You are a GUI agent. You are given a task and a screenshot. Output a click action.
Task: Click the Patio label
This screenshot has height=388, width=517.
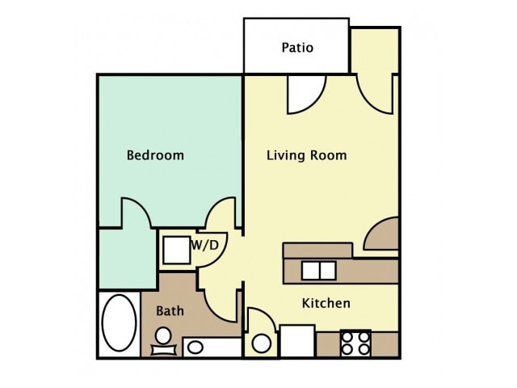[x=297, y=48]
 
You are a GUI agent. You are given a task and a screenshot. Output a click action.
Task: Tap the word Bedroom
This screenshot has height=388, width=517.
[x=155, y=155]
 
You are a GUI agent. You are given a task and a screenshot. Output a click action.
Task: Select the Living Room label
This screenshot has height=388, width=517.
[x=307, y=155]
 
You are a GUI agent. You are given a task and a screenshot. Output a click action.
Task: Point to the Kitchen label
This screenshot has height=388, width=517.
[x=326, y=303]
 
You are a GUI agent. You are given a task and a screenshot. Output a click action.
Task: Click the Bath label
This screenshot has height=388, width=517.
[x=170, y=310]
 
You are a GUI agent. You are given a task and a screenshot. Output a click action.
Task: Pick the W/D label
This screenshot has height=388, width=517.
[x=204, y=245]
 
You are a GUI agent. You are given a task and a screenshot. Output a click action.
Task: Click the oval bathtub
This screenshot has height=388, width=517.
[x=120, y=323]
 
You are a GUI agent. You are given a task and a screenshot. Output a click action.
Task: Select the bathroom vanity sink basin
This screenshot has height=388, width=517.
[x=195, y=348]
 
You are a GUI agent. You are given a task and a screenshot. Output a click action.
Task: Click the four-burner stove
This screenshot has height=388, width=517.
[x=355, y=344]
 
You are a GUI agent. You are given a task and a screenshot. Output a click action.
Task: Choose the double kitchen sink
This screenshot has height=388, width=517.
[x=319, y=271]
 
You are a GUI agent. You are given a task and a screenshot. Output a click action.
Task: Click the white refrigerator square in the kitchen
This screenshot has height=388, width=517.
[x=297, y=341]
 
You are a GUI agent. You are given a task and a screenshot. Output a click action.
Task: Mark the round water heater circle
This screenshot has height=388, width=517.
[x=262, y=344]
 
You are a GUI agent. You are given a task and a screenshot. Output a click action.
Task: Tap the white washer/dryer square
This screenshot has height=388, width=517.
[x=177, y=250]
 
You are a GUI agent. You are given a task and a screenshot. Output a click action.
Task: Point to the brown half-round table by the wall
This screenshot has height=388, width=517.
[x=381, y=234]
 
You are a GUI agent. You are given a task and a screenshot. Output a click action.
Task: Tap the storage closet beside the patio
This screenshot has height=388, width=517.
[x=375, y=51]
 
